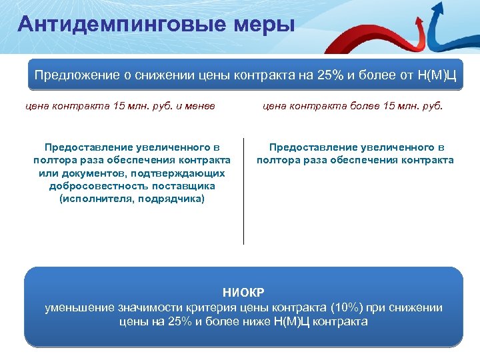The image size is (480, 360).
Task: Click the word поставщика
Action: click(186, 186)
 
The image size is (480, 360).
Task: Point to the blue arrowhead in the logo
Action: click(457, 8)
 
